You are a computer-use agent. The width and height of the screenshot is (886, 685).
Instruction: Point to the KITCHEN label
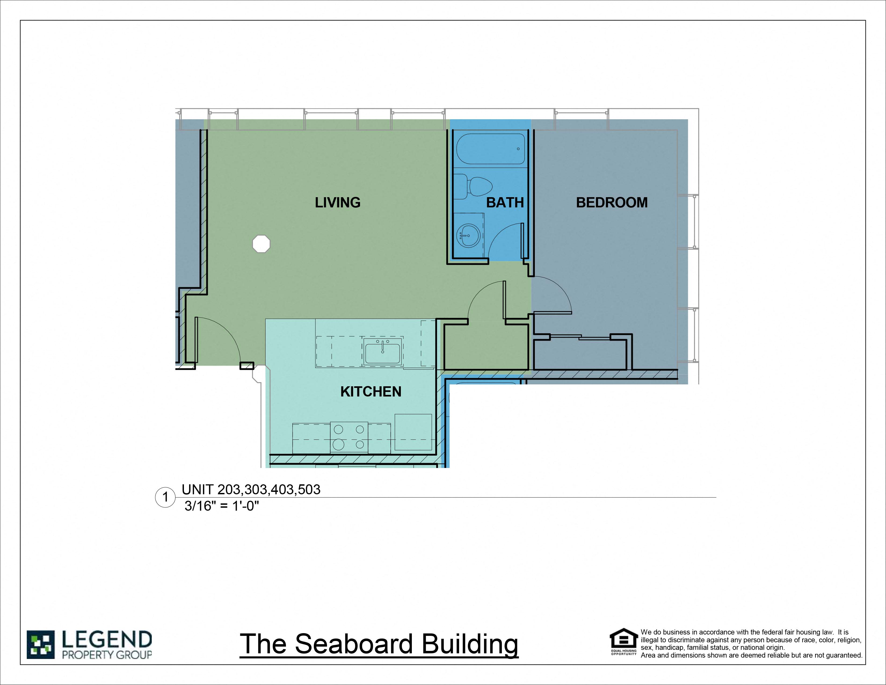point(371,392)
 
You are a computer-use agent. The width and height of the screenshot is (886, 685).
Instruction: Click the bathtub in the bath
point(491,149)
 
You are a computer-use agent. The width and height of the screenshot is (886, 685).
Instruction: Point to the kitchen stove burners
point(349,437)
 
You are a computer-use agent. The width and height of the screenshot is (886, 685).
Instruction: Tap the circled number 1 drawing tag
point(165,497)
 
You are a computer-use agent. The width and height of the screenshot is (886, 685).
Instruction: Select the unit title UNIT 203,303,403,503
point(251,489)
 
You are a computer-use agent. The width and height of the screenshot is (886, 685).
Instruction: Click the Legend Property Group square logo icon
point(41,644)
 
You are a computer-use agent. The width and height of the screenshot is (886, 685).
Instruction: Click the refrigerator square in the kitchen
point(413,432)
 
